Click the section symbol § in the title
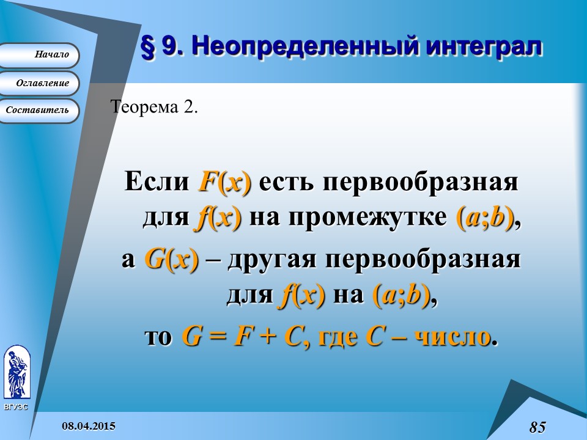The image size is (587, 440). pyautogui.click(x=147, y=47)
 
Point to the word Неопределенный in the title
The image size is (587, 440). pyautogui.click(x=293, y=47)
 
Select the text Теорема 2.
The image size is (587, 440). pyautogui.click(x=154, y=107)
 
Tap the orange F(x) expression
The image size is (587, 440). pyautogui.click(x=224, y=182)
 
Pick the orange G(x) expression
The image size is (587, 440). pyautogui.click(x=172, y=260)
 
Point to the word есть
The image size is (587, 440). pyautogui.click(x=286, y=182)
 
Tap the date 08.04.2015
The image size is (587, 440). pyautogui.click(x=88, y=425)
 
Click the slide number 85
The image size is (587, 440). pyautogui.click(x=537, y=427)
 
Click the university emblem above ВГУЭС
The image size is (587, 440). pyautogui.click(x=17, y=371)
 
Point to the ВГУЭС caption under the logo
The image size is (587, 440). pyautogui.click(x=16, y=407)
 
